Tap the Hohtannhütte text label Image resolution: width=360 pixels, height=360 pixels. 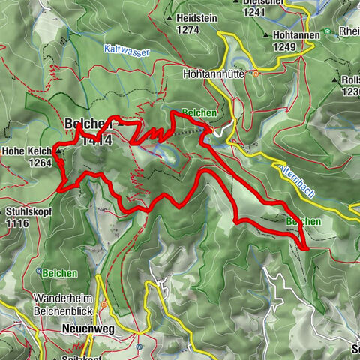click(216, 74)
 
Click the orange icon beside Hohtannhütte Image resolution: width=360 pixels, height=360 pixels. click(255, 74)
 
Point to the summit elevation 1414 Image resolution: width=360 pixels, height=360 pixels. click(98, 139)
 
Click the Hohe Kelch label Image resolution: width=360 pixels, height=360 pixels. click(27, 151)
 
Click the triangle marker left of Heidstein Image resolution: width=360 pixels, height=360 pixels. click(172, 17)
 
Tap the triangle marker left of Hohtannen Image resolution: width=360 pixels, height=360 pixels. click(268, 35)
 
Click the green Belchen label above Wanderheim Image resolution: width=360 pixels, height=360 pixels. click(59, 273)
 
